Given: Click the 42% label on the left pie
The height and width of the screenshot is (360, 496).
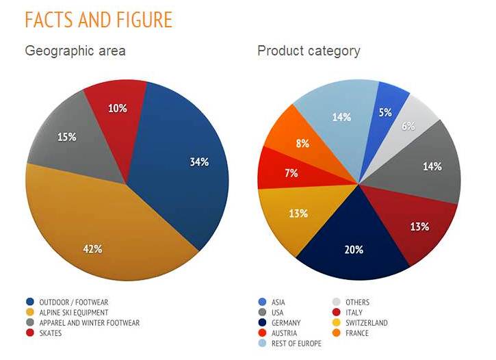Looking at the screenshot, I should point(93,248).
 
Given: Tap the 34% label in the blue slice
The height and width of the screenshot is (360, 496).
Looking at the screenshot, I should point(199,162).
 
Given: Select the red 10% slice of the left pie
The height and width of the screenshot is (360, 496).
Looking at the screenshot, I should point(118,113).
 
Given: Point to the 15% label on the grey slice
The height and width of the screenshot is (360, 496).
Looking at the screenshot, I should point(66,137).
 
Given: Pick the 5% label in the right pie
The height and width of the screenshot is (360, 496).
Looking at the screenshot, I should point(386,112).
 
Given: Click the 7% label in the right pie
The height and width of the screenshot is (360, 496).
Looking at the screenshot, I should point(291,173).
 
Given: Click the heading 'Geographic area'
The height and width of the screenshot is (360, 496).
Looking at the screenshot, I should point(75,51).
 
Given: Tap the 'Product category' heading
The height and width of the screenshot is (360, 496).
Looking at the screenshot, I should point(309,51).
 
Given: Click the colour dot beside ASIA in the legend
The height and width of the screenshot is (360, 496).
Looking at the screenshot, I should point(263,302).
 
